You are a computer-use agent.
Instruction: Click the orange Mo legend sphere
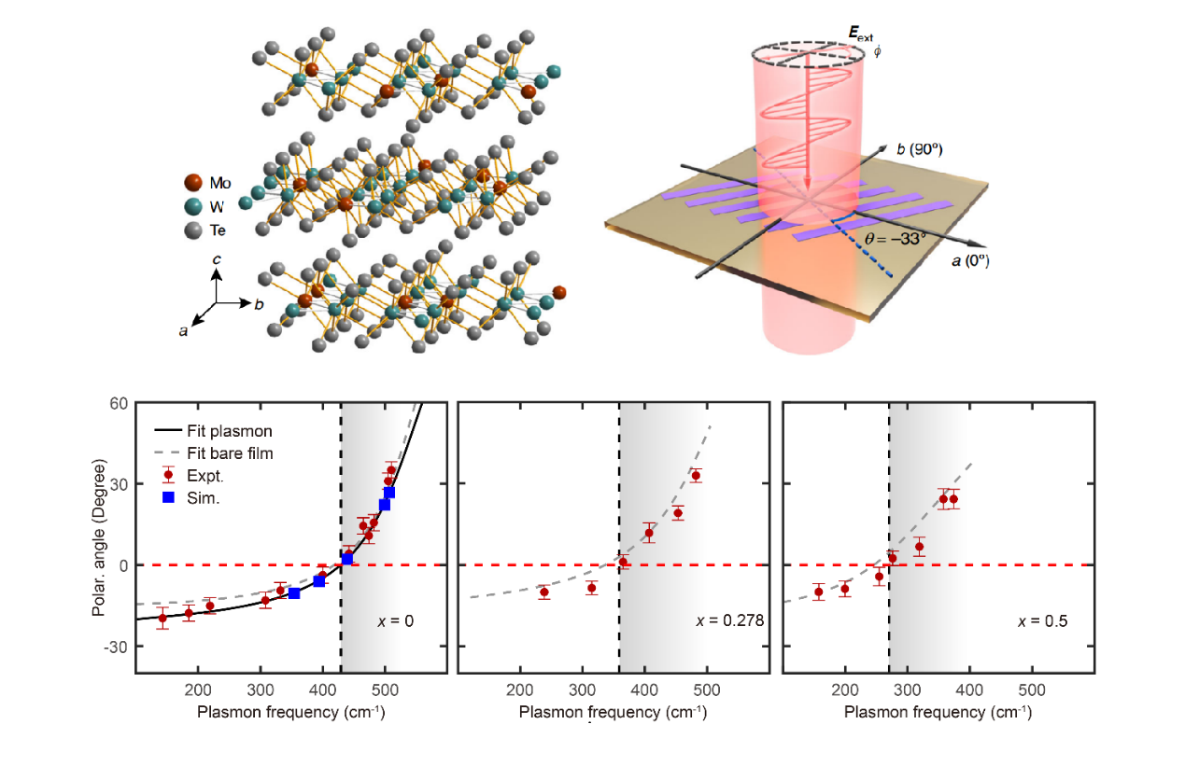(x=193, y=183)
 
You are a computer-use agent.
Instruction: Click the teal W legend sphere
(x=193, y=206)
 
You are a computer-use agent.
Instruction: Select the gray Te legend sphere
(x=193, y=230)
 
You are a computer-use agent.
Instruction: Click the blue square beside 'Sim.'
(x=169, y=497)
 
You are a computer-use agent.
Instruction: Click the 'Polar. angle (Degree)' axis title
(x=99, y=537)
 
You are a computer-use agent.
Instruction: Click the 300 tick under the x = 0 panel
(x=261, y=691)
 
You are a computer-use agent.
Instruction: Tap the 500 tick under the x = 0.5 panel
(x=1031, y=691)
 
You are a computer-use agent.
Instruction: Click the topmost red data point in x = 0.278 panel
(x=695, y=476)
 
